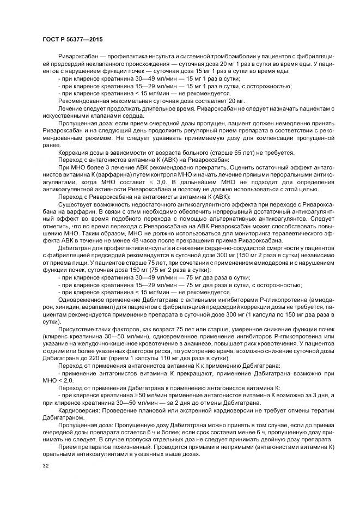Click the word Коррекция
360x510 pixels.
click(72, 153)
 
